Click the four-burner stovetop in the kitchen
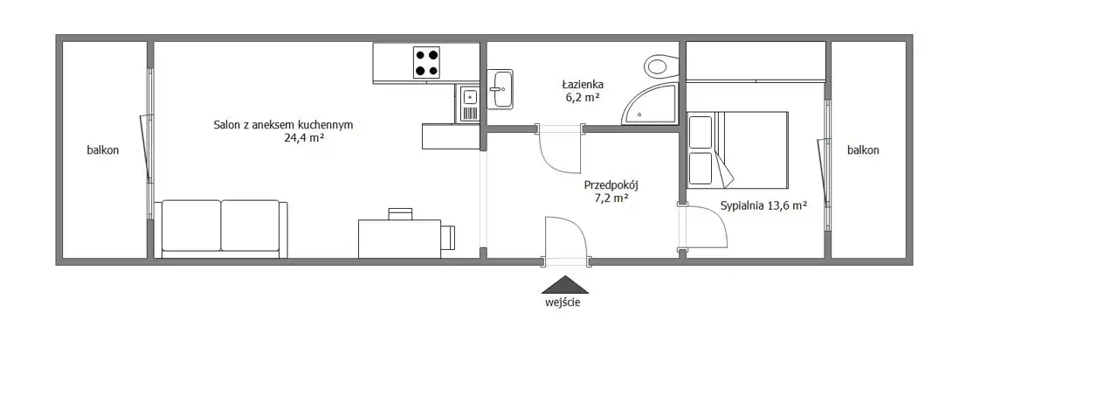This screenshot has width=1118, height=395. point(426,62)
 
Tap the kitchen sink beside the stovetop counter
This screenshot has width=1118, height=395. point(469,103)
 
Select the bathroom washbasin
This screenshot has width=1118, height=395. point(500,89)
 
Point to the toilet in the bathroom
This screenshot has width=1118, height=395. point(661,66)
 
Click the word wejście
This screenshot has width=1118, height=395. point(562,302)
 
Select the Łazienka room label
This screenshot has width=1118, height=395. point(583,85)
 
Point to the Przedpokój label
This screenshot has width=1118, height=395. point(611,185)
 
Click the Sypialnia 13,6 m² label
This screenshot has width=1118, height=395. point(763,205)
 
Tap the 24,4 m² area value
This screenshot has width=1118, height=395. point(304,138)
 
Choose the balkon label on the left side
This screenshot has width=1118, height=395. point(103,150)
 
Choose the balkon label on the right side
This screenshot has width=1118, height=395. point(863,150)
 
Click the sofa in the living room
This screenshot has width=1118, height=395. point(221,229)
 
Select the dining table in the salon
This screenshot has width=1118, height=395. point(399,239)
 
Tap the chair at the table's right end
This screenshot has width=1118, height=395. point(448,238)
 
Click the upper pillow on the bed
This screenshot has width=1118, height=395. point(700,132)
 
